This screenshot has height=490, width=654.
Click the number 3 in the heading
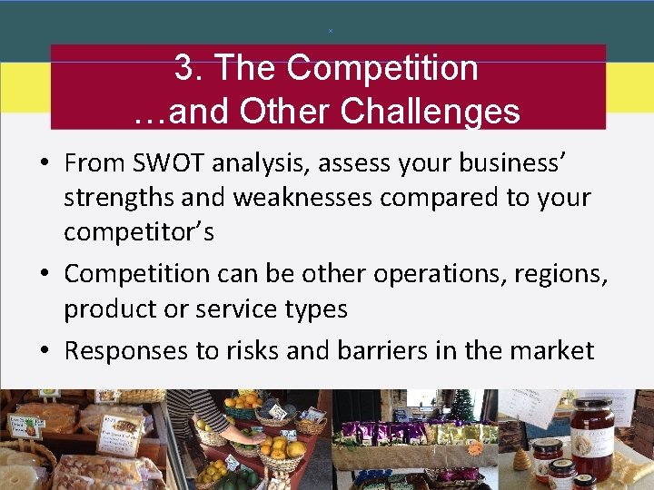tap(183, 67)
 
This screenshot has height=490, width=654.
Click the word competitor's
tap(139, 231)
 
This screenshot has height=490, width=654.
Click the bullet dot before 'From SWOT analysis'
tap(44, 164)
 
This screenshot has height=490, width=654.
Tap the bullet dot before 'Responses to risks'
tap(44, 350)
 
